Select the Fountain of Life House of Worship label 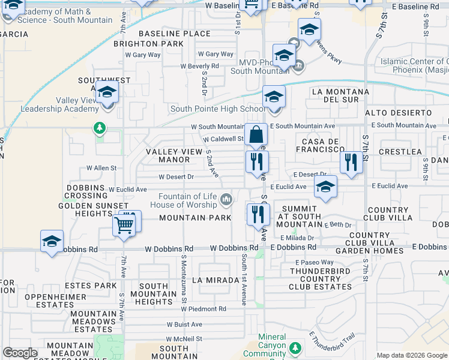[187, 200]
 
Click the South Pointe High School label [218, 109]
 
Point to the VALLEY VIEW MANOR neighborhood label [173, 155]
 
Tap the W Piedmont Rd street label [205, 309]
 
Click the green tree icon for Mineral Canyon [295, 348]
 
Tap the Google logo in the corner [20, 353]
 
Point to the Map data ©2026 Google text [412, 355]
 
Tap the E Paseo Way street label [314, 262]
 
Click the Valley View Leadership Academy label [58, 104]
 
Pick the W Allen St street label [101, 169]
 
